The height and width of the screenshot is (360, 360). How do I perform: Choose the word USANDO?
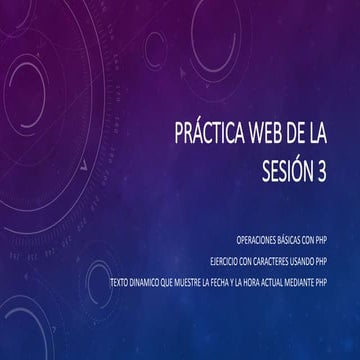314,261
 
